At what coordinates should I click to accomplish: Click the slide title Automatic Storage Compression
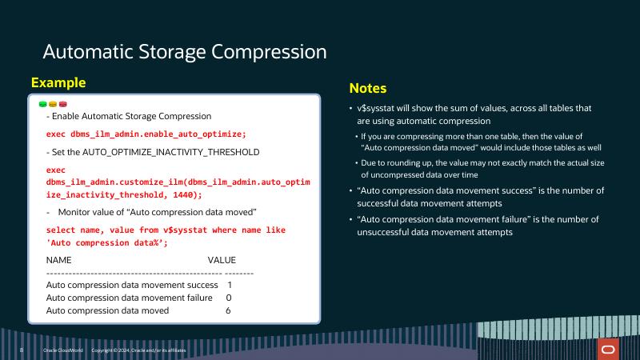pos(184,52)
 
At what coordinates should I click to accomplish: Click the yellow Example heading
pos(58,82)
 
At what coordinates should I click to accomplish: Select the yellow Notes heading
pos(367,88)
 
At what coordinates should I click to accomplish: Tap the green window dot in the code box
pos(42,104)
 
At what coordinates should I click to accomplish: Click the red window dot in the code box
pos(62,104)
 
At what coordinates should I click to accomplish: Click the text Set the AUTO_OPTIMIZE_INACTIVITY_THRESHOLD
pos(153,152)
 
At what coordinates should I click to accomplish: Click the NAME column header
pos(59,260)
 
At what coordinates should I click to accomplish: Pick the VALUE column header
pos(222,260)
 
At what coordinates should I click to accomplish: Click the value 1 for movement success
pos(230,285)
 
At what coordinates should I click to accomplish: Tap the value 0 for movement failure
pos(229,298)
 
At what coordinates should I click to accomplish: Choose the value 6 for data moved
pos(229,310)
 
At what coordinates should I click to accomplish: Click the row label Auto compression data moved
pos(108,310)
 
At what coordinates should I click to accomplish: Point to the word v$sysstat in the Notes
pos(378,108)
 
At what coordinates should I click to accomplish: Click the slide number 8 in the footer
pos(22,350)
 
